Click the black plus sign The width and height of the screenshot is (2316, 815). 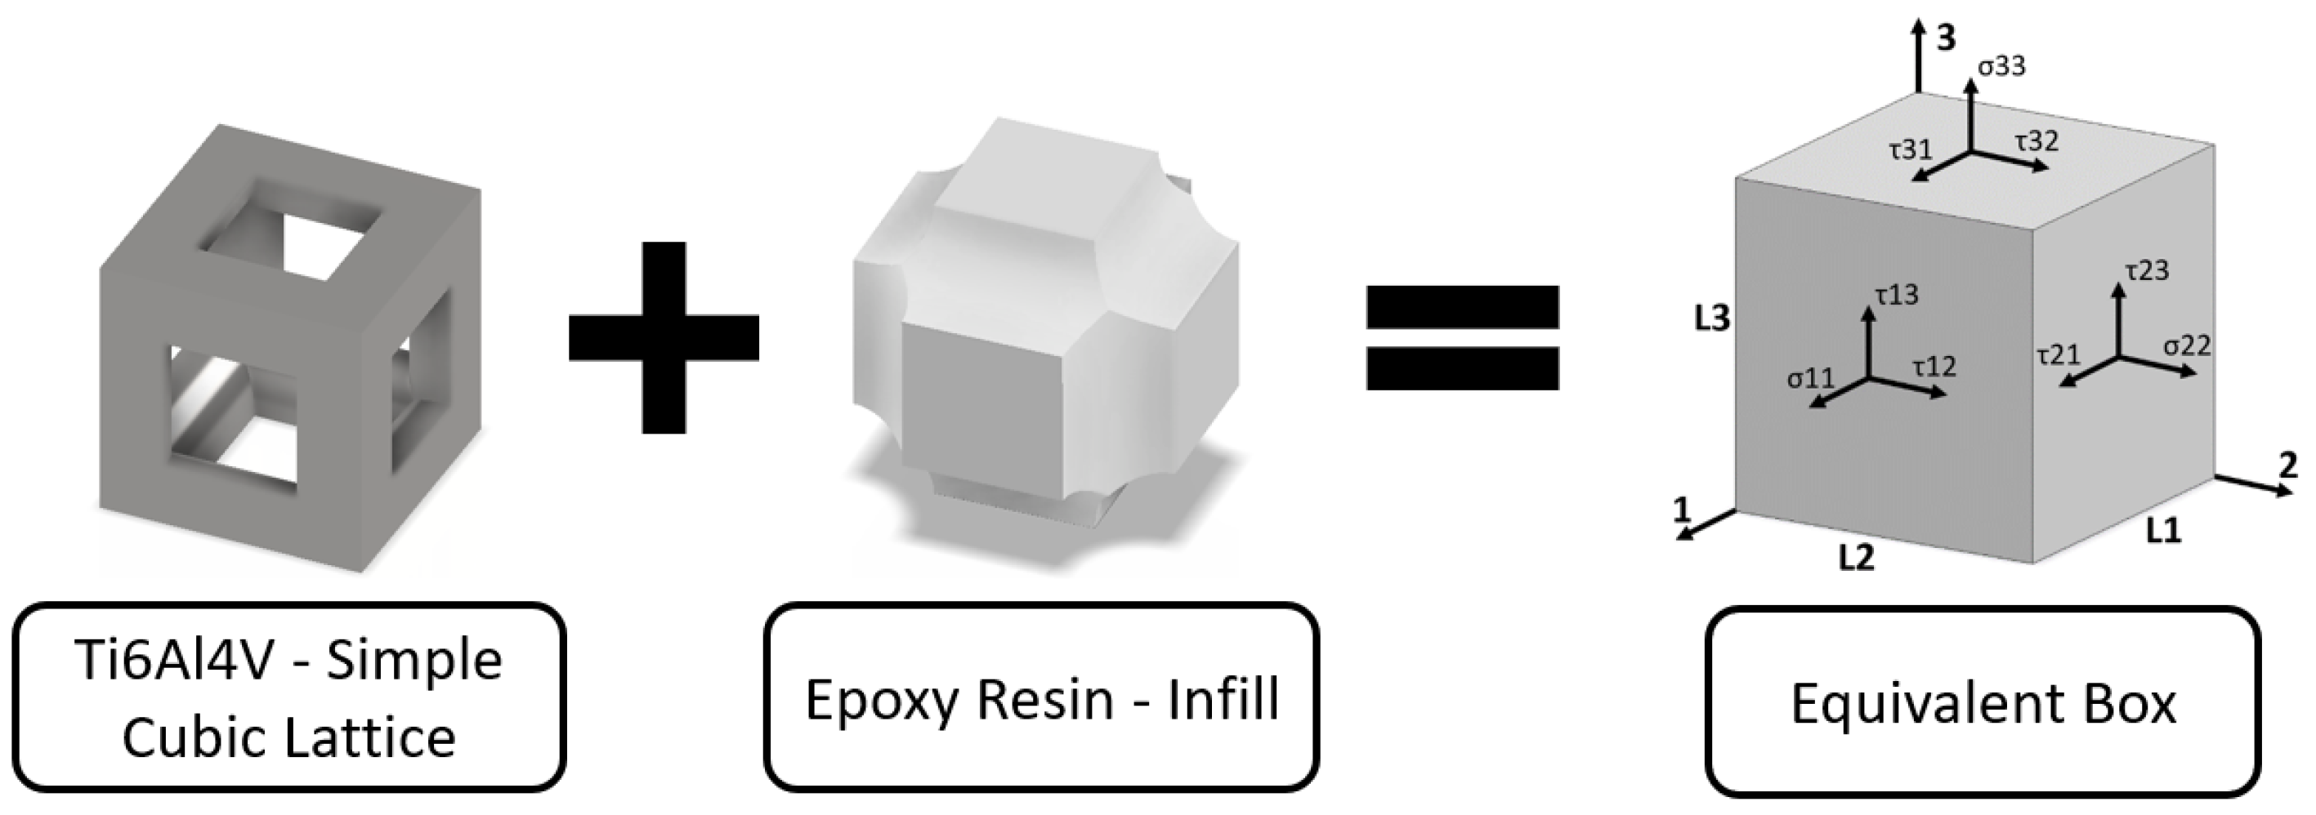(664, 337)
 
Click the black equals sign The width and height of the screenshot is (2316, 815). (1462, 337)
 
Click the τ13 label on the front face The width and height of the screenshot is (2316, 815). (1896, 295)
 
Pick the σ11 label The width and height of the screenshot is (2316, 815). (1811, 378)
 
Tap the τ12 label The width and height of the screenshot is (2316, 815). (1934, 366)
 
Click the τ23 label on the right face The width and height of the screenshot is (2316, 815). (2147, 269)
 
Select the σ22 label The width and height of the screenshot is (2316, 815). (2187, 345)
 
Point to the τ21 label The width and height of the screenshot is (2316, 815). (2058, 354)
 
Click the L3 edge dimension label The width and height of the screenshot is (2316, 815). (1712, 319)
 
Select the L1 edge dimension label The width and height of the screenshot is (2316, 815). (2163, 532)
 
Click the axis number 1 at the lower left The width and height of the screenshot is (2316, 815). (1681, 510)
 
